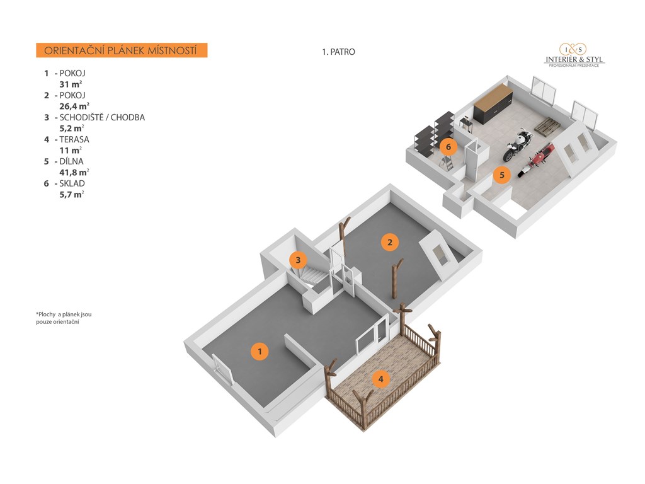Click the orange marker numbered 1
[x=260, y=352]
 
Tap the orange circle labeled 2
[x=389, y=242]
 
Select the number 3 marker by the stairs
[x=298, y=260]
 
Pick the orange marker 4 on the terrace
[x=380, y=379]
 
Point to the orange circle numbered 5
[x=501, y=175]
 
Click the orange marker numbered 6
[x=448, y=146]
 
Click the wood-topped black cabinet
[x=493, y=103]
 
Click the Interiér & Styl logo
[x=574, y=55]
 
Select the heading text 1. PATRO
[x=338, y=52]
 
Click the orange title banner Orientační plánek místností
[x=122, y=50]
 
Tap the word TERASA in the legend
[x=74, y=139]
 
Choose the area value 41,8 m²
[x=74, y=172]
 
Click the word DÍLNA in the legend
[x=71, y=161]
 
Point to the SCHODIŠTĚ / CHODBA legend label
[x=102, y=117]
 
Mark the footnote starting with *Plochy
[x=64, y=318]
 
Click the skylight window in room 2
[x=440, y=255]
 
